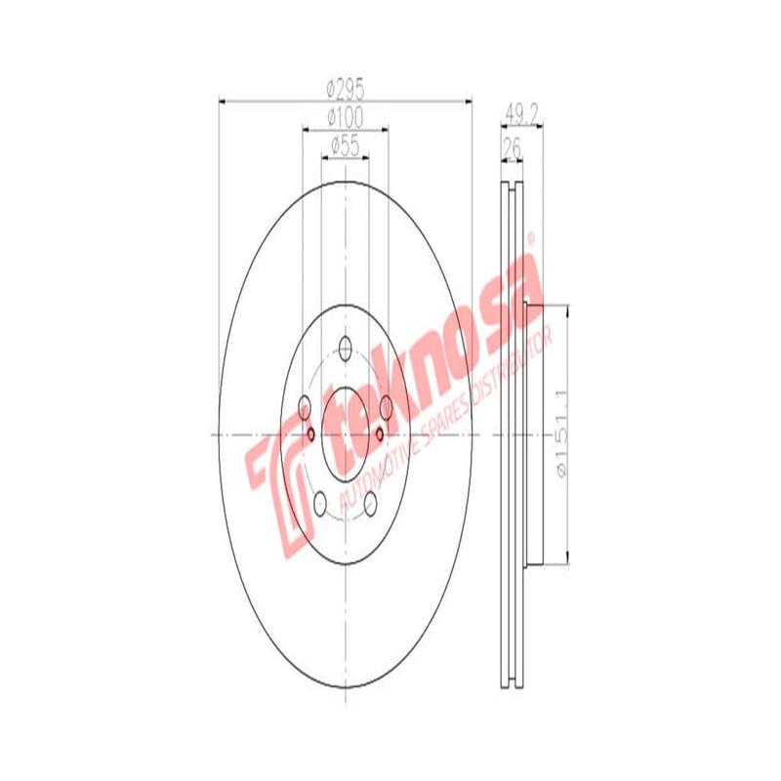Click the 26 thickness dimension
(x=510, y=146)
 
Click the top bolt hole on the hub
(x=345, y=346)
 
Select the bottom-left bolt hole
(x=319, y=503)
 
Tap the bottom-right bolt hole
(x=371, y=503)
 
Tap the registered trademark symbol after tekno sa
(x=532, y=237)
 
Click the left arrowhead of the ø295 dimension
(x=222, y=101)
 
